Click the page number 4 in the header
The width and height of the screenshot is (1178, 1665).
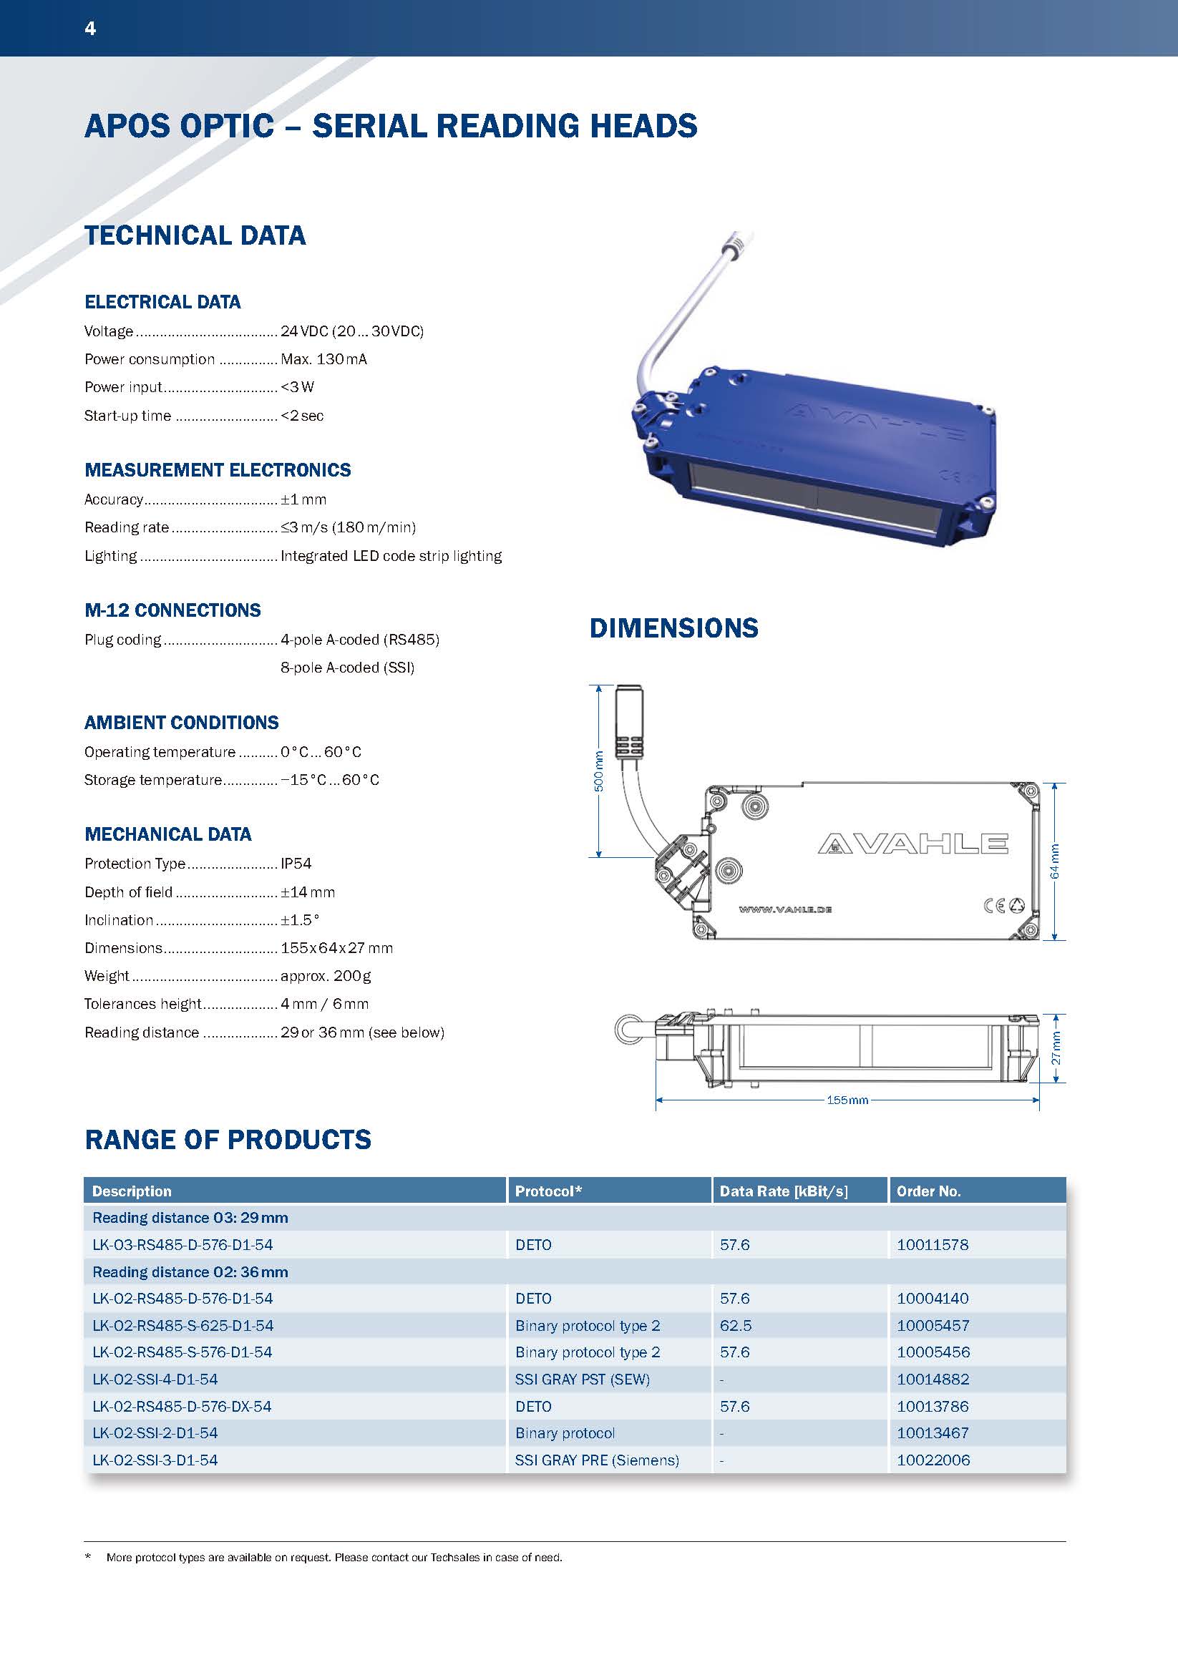91,29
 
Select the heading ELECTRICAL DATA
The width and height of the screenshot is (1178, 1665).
162,302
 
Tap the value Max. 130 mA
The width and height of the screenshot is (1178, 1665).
323,359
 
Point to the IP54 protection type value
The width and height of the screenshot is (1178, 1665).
296,864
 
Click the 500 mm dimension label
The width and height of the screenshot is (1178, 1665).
598,771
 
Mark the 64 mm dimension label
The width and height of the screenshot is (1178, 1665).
1055,861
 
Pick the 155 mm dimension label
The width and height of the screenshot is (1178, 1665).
847,1100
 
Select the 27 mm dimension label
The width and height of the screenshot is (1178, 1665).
1056,1048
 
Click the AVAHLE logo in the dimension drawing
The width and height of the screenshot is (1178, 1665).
912,844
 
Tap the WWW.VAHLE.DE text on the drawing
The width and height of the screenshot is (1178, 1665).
785,909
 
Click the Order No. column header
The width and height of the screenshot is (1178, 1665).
928,1191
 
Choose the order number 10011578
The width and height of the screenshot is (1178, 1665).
933,1245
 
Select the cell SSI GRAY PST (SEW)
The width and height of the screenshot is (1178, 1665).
583,1380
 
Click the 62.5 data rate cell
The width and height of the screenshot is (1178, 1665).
736,1326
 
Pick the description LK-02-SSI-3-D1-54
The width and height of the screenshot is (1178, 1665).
155,1460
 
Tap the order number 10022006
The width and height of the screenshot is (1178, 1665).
933,1460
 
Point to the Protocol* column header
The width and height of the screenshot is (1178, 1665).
548,1191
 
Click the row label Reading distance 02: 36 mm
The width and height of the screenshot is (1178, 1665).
190,1272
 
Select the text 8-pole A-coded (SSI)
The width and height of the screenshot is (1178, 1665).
347,668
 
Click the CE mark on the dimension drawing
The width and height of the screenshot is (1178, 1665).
993,905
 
